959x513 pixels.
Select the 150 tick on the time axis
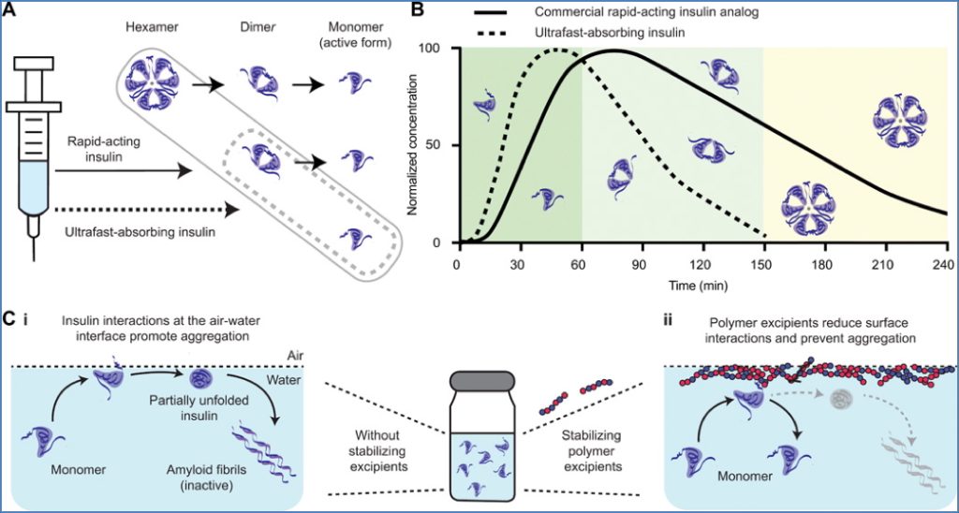pos(762,262)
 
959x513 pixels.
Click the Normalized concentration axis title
pos(415,145)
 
